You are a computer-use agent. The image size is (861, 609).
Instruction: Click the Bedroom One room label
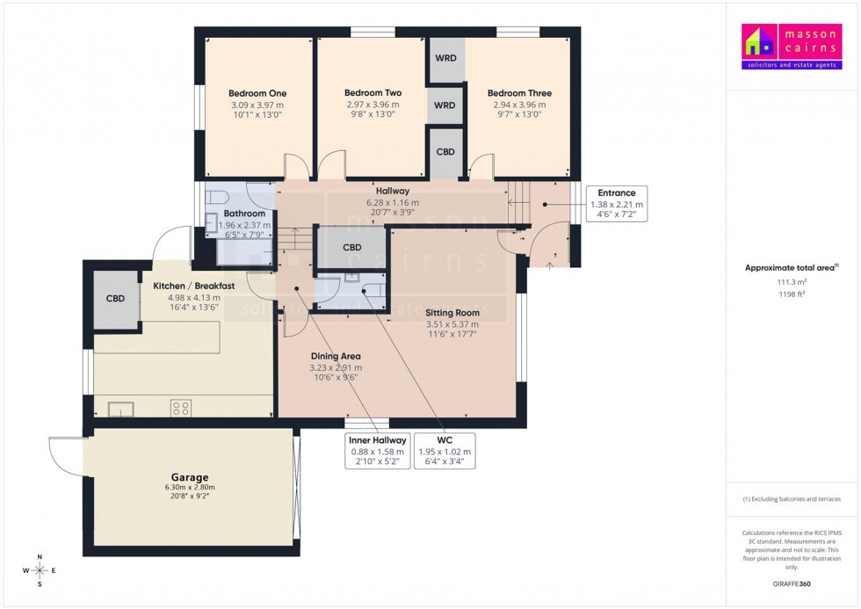coord(257,93)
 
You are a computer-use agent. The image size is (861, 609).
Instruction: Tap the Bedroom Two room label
coord(373,93)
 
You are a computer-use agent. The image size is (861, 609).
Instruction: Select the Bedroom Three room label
coord(519,93)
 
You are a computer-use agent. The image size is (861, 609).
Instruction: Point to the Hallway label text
coord(393,191)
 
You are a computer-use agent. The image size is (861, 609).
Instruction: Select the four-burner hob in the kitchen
coord(181,408)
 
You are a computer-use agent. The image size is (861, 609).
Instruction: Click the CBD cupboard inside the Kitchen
coord(116,299)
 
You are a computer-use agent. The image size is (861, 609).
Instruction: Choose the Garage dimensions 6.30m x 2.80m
coord(189,488)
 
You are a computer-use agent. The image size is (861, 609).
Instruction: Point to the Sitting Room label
coord(452,312)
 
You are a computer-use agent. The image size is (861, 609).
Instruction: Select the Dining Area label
coord(336,356)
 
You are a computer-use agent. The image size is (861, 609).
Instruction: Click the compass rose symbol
coord(40,570)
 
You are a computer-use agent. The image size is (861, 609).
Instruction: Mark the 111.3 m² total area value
coord(791,282)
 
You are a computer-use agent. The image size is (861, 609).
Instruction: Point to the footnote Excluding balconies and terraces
coord(792,499)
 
